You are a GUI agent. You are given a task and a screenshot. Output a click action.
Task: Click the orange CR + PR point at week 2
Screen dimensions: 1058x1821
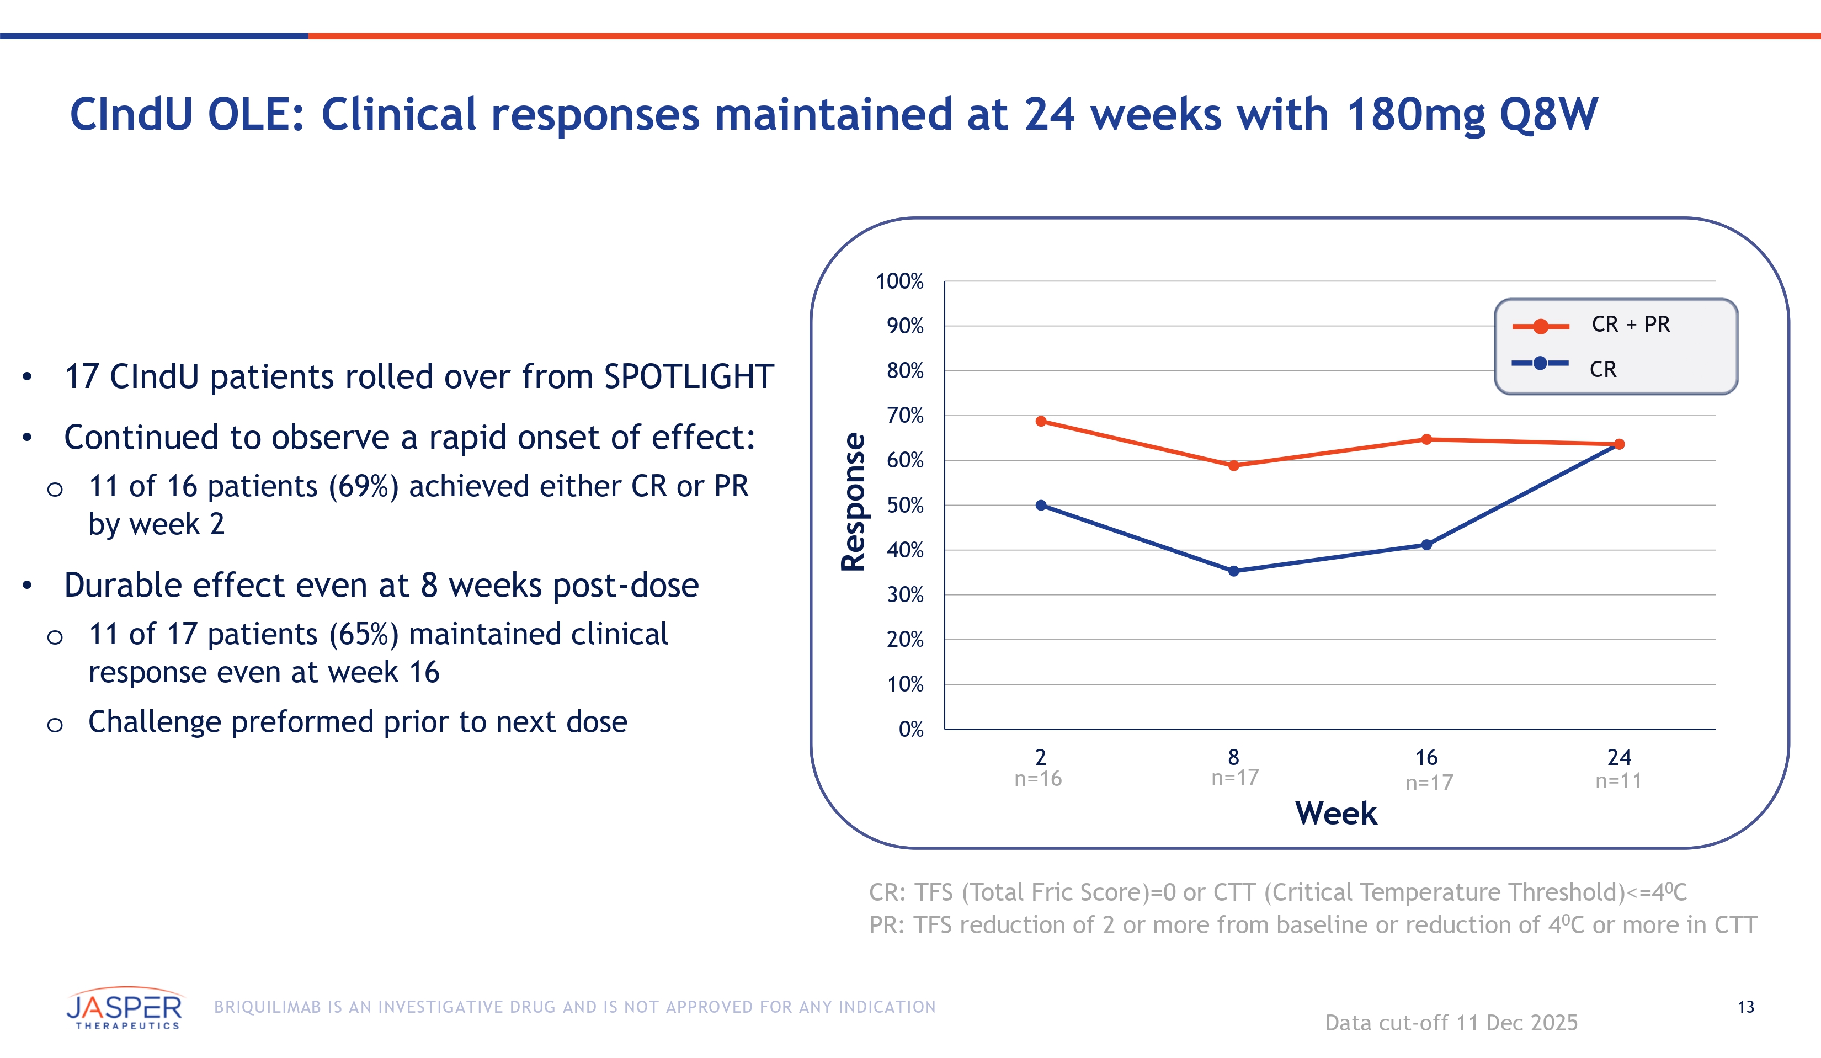click(1041, 421)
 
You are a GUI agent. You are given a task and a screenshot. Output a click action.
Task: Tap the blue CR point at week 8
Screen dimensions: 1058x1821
click(1233, 571)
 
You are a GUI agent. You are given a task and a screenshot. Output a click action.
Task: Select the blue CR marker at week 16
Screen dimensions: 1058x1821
click(1426, 545)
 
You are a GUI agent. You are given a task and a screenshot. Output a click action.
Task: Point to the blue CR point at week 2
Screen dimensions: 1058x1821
click(1041, 505)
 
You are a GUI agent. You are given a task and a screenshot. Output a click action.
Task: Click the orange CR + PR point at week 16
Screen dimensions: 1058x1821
click(1426, 439)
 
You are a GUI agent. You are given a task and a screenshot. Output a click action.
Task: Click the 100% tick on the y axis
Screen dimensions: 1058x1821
click(899, 281)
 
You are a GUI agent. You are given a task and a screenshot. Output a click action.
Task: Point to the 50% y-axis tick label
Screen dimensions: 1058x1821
click(905, 505)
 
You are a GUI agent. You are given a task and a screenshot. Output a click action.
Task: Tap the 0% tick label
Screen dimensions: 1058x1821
click(910, 729)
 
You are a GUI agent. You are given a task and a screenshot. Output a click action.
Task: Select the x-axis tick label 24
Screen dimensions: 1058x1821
click(1618, 757)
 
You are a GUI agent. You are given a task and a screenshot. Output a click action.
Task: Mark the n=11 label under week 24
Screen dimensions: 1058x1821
click(1618, 781)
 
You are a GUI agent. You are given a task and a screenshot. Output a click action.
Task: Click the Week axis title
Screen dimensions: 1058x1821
click(1335, 814)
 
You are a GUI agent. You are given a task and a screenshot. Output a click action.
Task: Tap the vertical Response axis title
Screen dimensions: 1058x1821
click(854, 502)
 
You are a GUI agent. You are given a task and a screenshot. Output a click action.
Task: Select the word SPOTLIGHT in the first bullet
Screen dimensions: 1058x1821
click(689, 376)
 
